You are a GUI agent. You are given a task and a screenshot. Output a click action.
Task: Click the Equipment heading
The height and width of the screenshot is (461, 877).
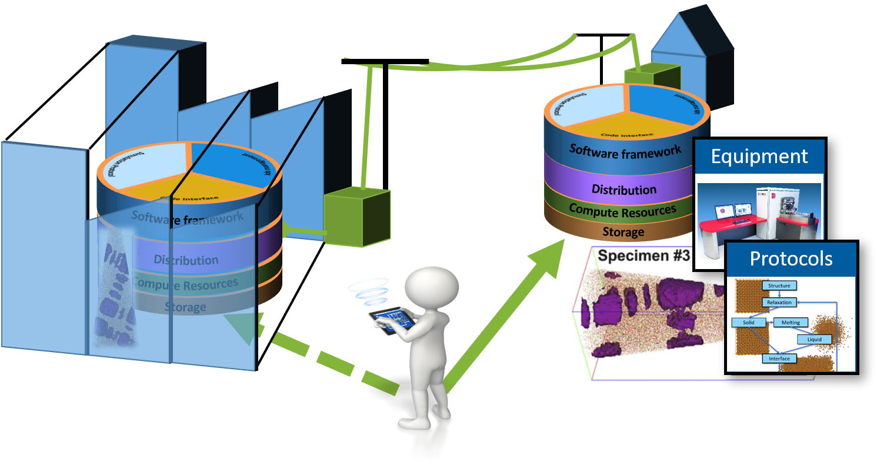pyautogui.click(x=759, y=156)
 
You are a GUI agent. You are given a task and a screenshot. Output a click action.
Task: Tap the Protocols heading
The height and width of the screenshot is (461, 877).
pyautogui.click(x=791, y=258)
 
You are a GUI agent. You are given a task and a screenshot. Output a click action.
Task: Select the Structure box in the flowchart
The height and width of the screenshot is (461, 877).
pyautogui.click(x=779, y=286)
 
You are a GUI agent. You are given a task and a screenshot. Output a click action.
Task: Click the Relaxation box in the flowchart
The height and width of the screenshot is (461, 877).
pyautogui.click(x=779, y=302)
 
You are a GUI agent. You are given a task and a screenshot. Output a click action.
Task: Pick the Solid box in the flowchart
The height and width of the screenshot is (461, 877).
pyautogui.click(x=748, y=323)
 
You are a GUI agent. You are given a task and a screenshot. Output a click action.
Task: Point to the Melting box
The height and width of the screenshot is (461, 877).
pyautogui.click(x=791, y=323)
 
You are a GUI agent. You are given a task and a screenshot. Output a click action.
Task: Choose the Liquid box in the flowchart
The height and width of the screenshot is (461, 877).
pyautogui.click(x=814, y=339)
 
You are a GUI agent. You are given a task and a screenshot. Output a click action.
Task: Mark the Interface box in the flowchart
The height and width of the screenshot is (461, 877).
pyautogui.click(x=779, y=359)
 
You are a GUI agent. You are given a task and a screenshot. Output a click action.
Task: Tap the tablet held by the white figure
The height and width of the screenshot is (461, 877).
pyautogui.click(x=391, y=321)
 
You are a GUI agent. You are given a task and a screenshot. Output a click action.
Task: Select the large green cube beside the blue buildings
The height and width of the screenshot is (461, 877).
pyautogui.click(x=357, y=215)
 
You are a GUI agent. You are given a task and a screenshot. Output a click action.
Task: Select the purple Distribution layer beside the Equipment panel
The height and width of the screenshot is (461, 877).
pyautogui.click(x=623, y=190)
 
